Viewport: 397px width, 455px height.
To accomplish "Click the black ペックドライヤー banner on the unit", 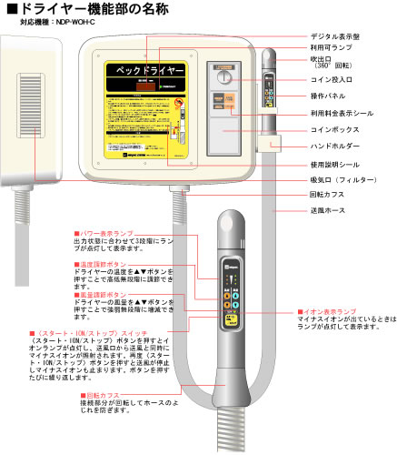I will [146, 69].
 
